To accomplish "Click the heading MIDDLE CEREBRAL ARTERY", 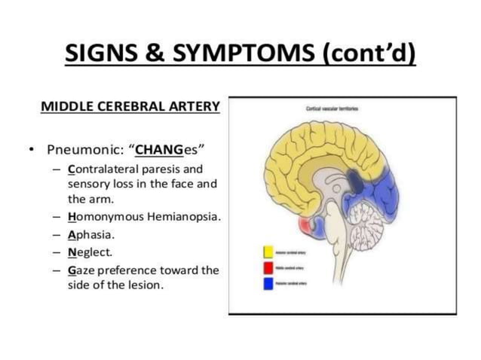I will (x=130, y=106).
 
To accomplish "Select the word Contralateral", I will (x=106, y=169).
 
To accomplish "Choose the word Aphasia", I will (x=88, y=234).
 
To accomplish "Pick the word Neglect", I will (x=87, y=252).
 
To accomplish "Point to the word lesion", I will (x=143, y=285).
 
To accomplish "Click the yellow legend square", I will (x=268, y=253).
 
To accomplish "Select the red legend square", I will (x=268, y=268).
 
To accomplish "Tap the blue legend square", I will (x=268, y=284).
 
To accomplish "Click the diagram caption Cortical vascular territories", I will (x=332, y=108).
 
